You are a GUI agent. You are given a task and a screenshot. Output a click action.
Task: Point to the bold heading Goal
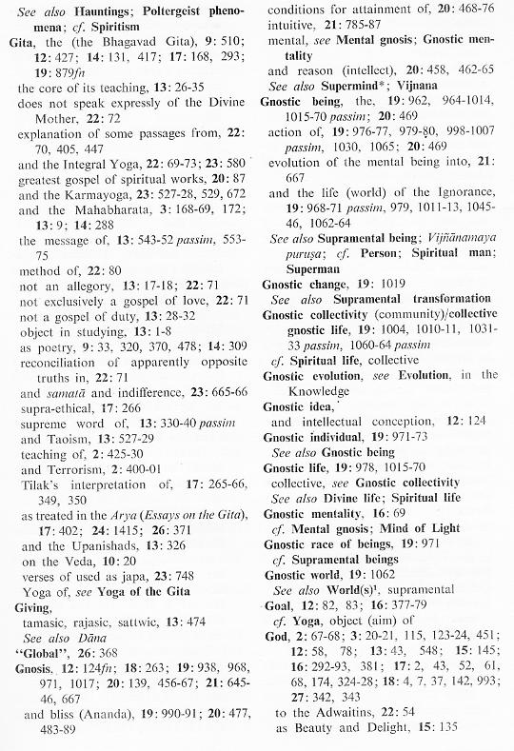point(277,590)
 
